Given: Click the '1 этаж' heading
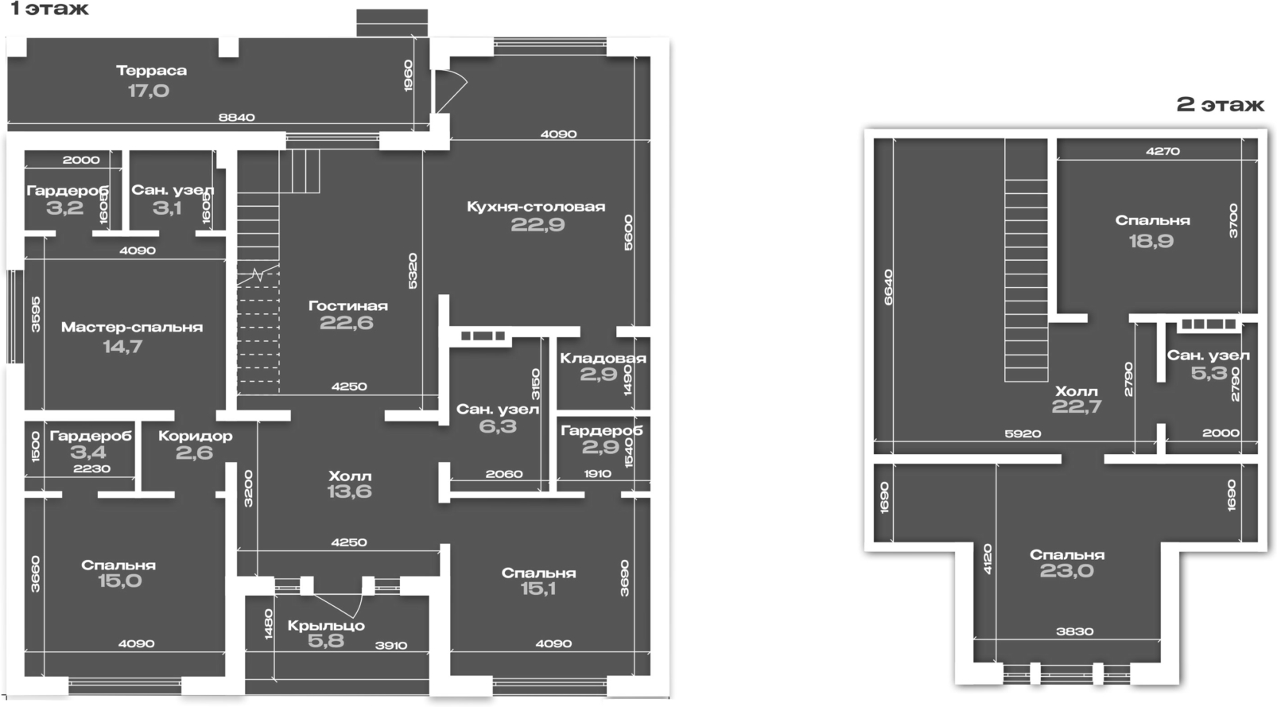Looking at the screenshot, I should click(49, 10).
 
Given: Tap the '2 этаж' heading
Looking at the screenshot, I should click(1220, 105).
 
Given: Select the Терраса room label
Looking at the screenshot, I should click(151, 70).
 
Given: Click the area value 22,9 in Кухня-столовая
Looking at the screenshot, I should click(538, 225).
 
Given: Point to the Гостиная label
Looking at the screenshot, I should click(347, 305).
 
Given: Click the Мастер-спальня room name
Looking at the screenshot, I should click(132, 327).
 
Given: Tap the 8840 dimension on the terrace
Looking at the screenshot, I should click(237, 118).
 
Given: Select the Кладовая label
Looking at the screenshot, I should click(602, 358).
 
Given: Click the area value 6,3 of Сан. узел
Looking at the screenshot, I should click(498, 427).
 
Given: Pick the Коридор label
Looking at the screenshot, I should click(195, 436).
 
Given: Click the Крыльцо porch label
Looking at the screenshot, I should click(326, 625).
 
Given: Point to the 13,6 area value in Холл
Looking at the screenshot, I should click(349, 492).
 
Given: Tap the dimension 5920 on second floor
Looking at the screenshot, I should click(1023, 433).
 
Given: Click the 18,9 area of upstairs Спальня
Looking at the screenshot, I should click(1151, 241).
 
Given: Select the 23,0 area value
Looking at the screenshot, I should click(1067, 571).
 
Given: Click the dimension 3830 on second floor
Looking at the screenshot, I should click(1074, 631).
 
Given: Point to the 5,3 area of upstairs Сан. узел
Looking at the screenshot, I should click(1209, 373).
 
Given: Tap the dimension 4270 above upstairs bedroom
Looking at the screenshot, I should click(1162, 151).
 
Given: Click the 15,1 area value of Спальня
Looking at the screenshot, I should click(538, 589).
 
